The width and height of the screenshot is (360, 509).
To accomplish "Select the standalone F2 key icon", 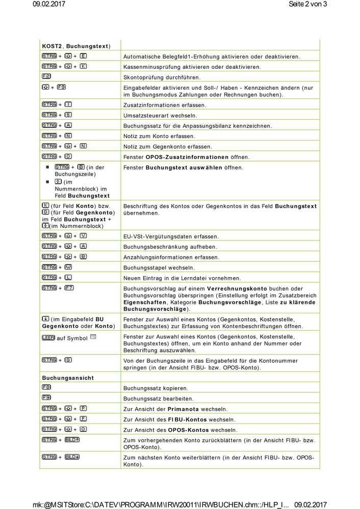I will pos(46,76).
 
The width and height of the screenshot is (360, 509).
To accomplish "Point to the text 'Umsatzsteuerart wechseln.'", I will pos(157,116).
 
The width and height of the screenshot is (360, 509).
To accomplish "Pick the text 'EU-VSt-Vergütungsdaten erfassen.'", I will pos(171,236).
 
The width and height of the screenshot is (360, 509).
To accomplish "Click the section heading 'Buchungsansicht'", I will pos(68,378).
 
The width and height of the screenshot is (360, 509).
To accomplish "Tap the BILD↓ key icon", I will pos(71,457).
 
